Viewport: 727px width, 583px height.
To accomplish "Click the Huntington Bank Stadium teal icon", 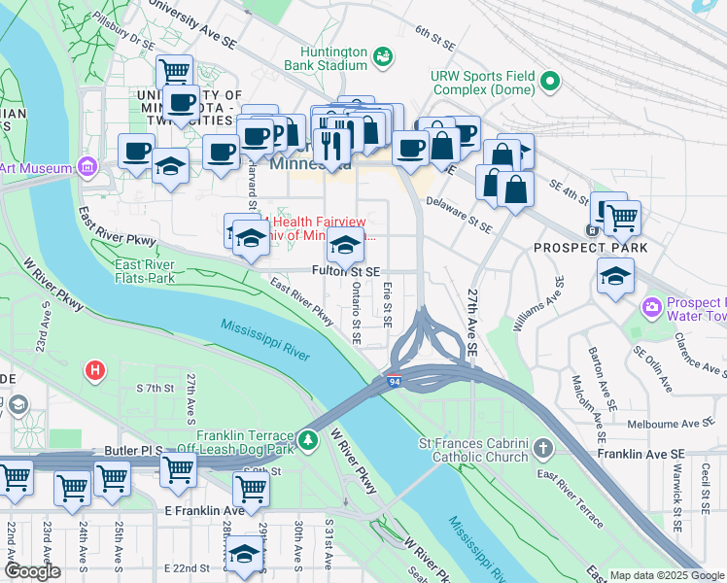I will [x=383, y=57].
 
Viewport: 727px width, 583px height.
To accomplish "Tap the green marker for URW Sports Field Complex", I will [x=550, y=82].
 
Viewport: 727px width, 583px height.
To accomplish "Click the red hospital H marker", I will [x=94, y=370].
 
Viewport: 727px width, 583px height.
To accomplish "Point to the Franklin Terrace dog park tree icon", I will [x=309, y=442].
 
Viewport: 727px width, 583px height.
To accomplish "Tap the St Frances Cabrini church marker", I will [x=542, y=450].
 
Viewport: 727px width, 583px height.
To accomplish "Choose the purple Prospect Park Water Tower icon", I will [x=650, y=308].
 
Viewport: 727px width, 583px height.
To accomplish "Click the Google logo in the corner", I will [x=32, y=571].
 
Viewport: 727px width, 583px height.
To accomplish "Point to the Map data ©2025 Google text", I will [x=667, y=575].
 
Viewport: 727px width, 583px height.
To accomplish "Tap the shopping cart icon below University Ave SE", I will [x=174, y=71].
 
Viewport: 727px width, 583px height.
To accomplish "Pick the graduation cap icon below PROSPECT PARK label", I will [x=614, y=277].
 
